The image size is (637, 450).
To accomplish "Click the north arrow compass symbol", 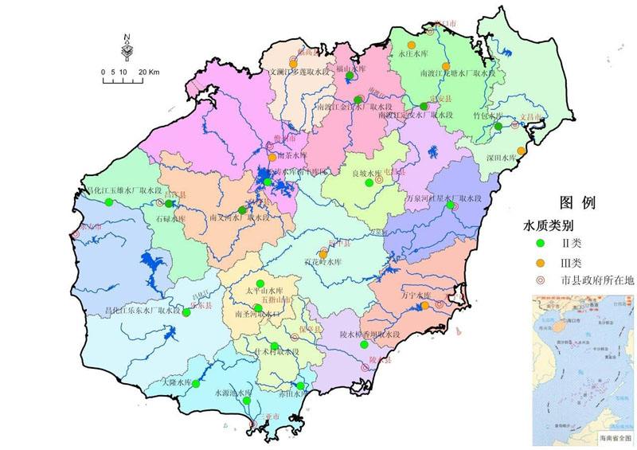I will pos(127,47).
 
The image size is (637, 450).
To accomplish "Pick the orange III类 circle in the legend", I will pos(539,262).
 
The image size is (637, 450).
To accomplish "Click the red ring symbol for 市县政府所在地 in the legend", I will pos(539,280).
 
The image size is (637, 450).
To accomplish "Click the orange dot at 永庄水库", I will pos(411,45).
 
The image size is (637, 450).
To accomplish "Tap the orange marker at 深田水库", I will pos(522,151).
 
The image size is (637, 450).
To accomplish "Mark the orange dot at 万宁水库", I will pos(425,305).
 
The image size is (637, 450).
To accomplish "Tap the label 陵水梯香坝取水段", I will pos(368,335).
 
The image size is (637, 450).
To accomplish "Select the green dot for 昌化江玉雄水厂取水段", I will pos(108,202).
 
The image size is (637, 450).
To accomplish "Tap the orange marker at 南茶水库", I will pos(272,157).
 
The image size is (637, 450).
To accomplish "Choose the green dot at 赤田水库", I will pos(300,387).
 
